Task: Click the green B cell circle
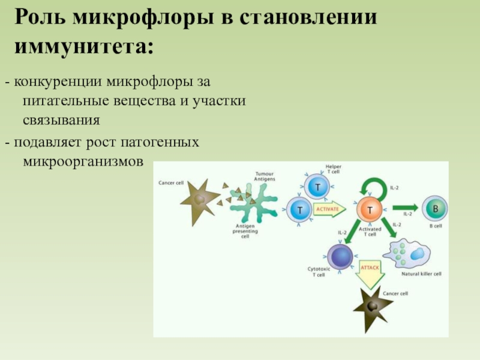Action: pos(434,209)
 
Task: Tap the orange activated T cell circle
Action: pos(370,209)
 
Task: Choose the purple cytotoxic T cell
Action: pos(341,257)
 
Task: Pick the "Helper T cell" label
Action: pos(333,169)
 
